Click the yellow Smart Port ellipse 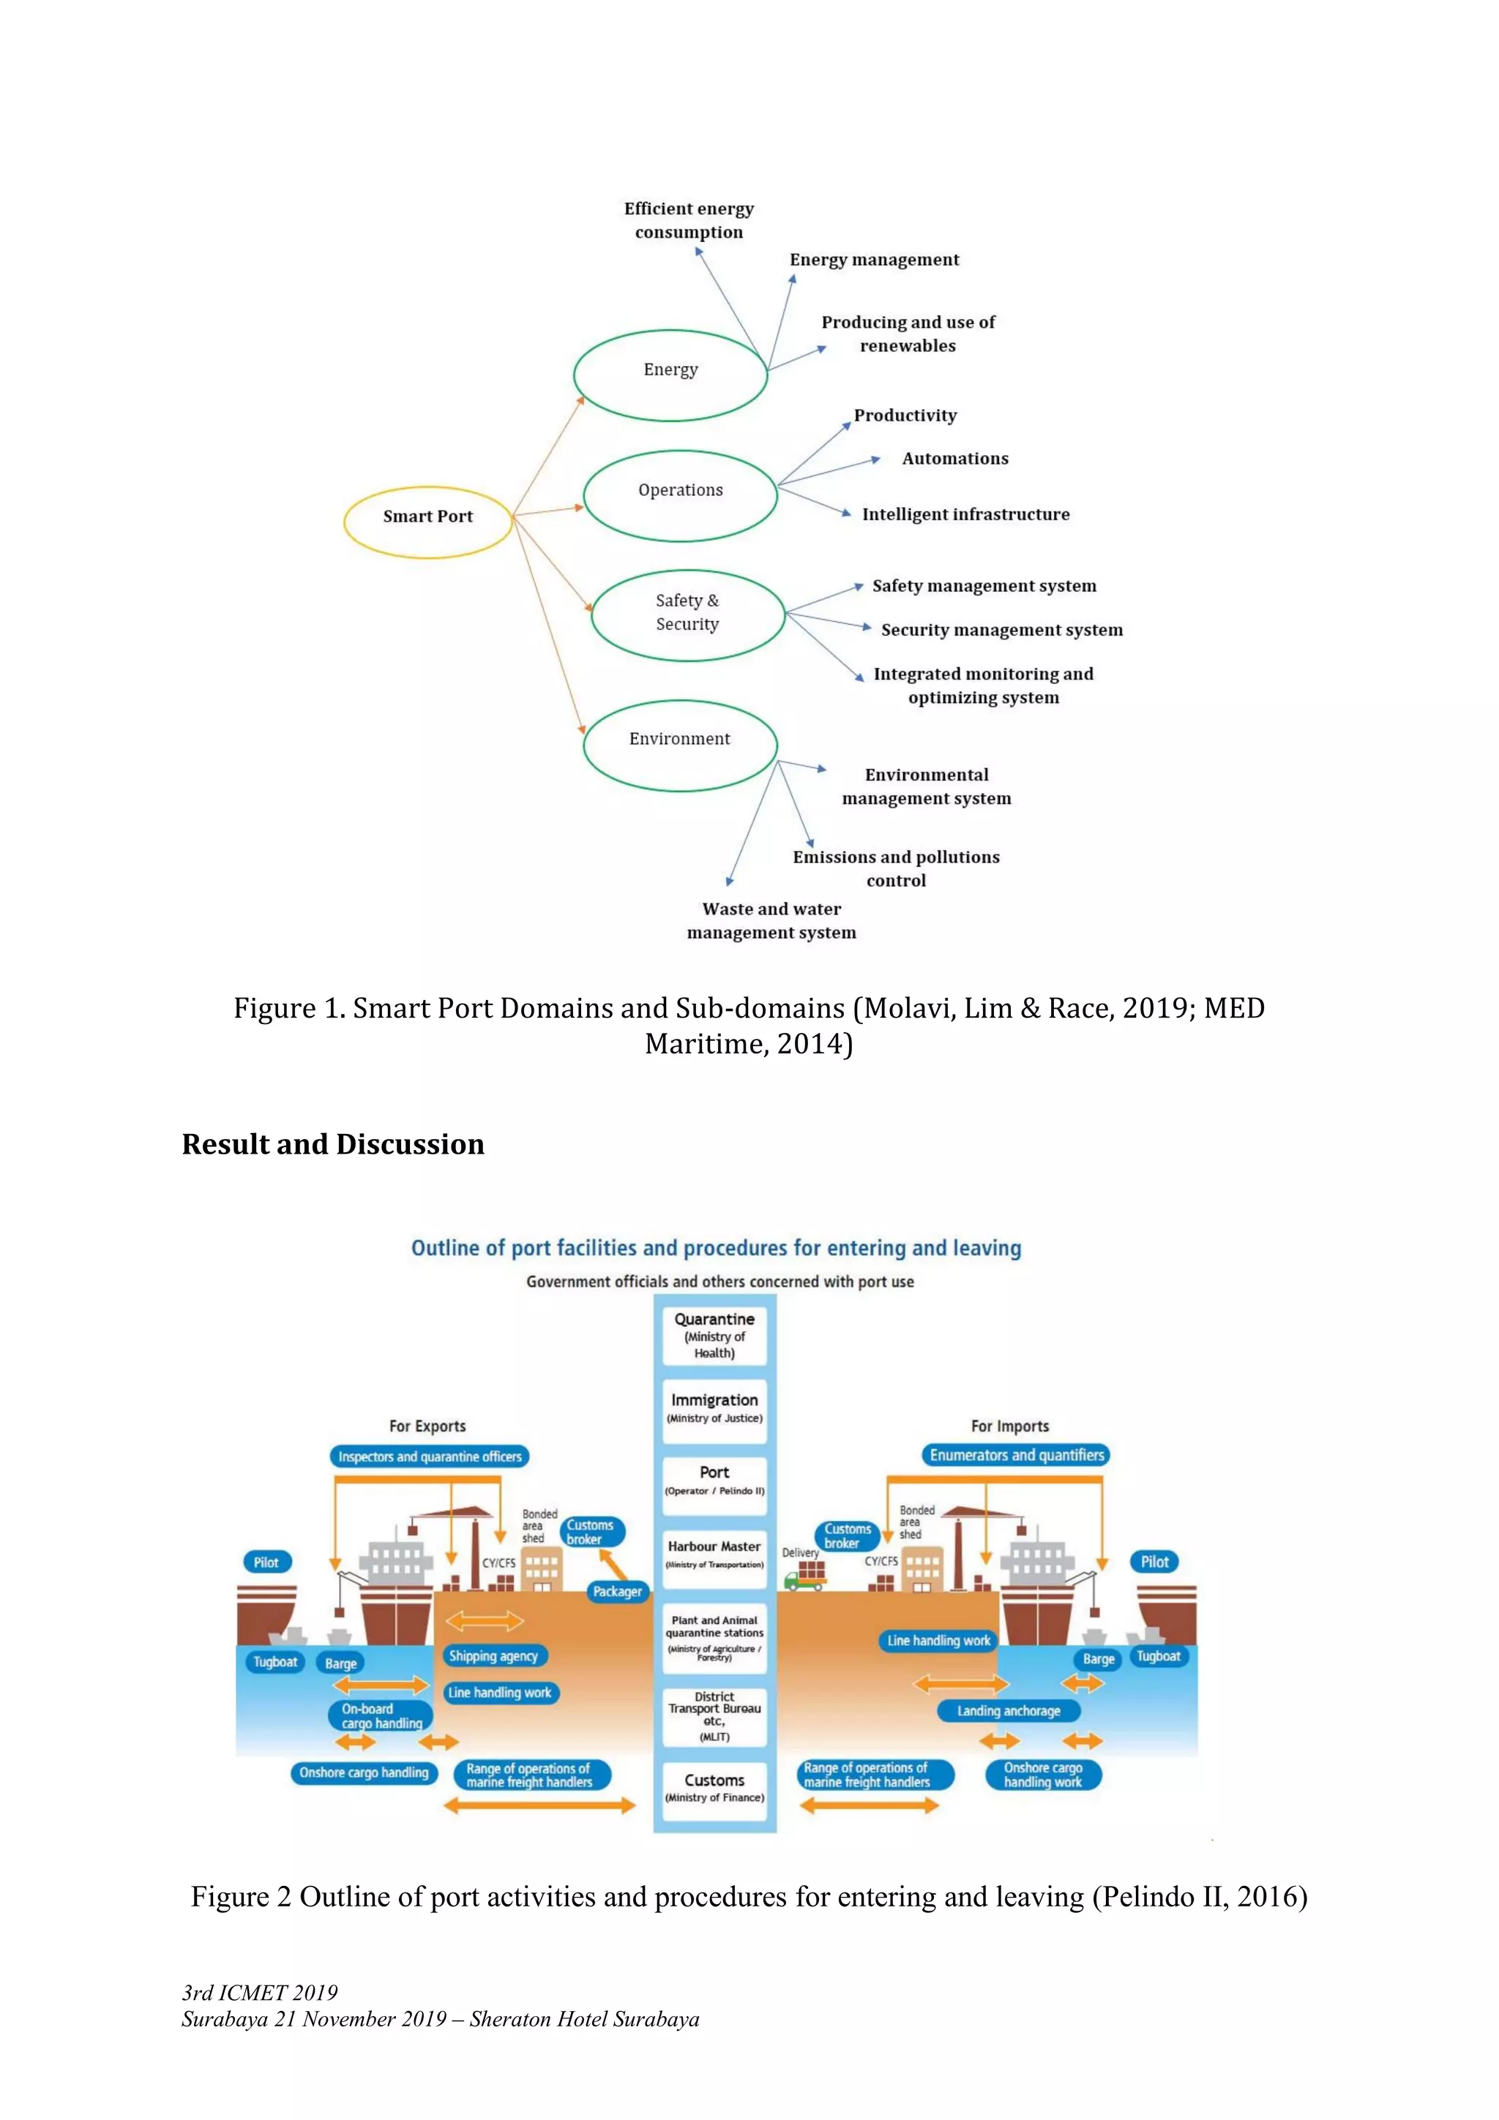427,522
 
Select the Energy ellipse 670,375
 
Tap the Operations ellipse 681,495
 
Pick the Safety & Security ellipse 687,616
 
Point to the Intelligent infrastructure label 965,514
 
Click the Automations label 955,458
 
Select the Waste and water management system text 771,920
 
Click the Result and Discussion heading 332,1144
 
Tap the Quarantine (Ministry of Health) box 714,1335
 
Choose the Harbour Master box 714,1553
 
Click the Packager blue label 617,1592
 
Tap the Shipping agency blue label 493,1656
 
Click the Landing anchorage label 1008,1711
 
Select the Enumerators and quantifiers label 1016,1455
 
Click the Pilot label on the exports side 266,1563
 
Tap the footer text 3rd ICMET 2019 260,1993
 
